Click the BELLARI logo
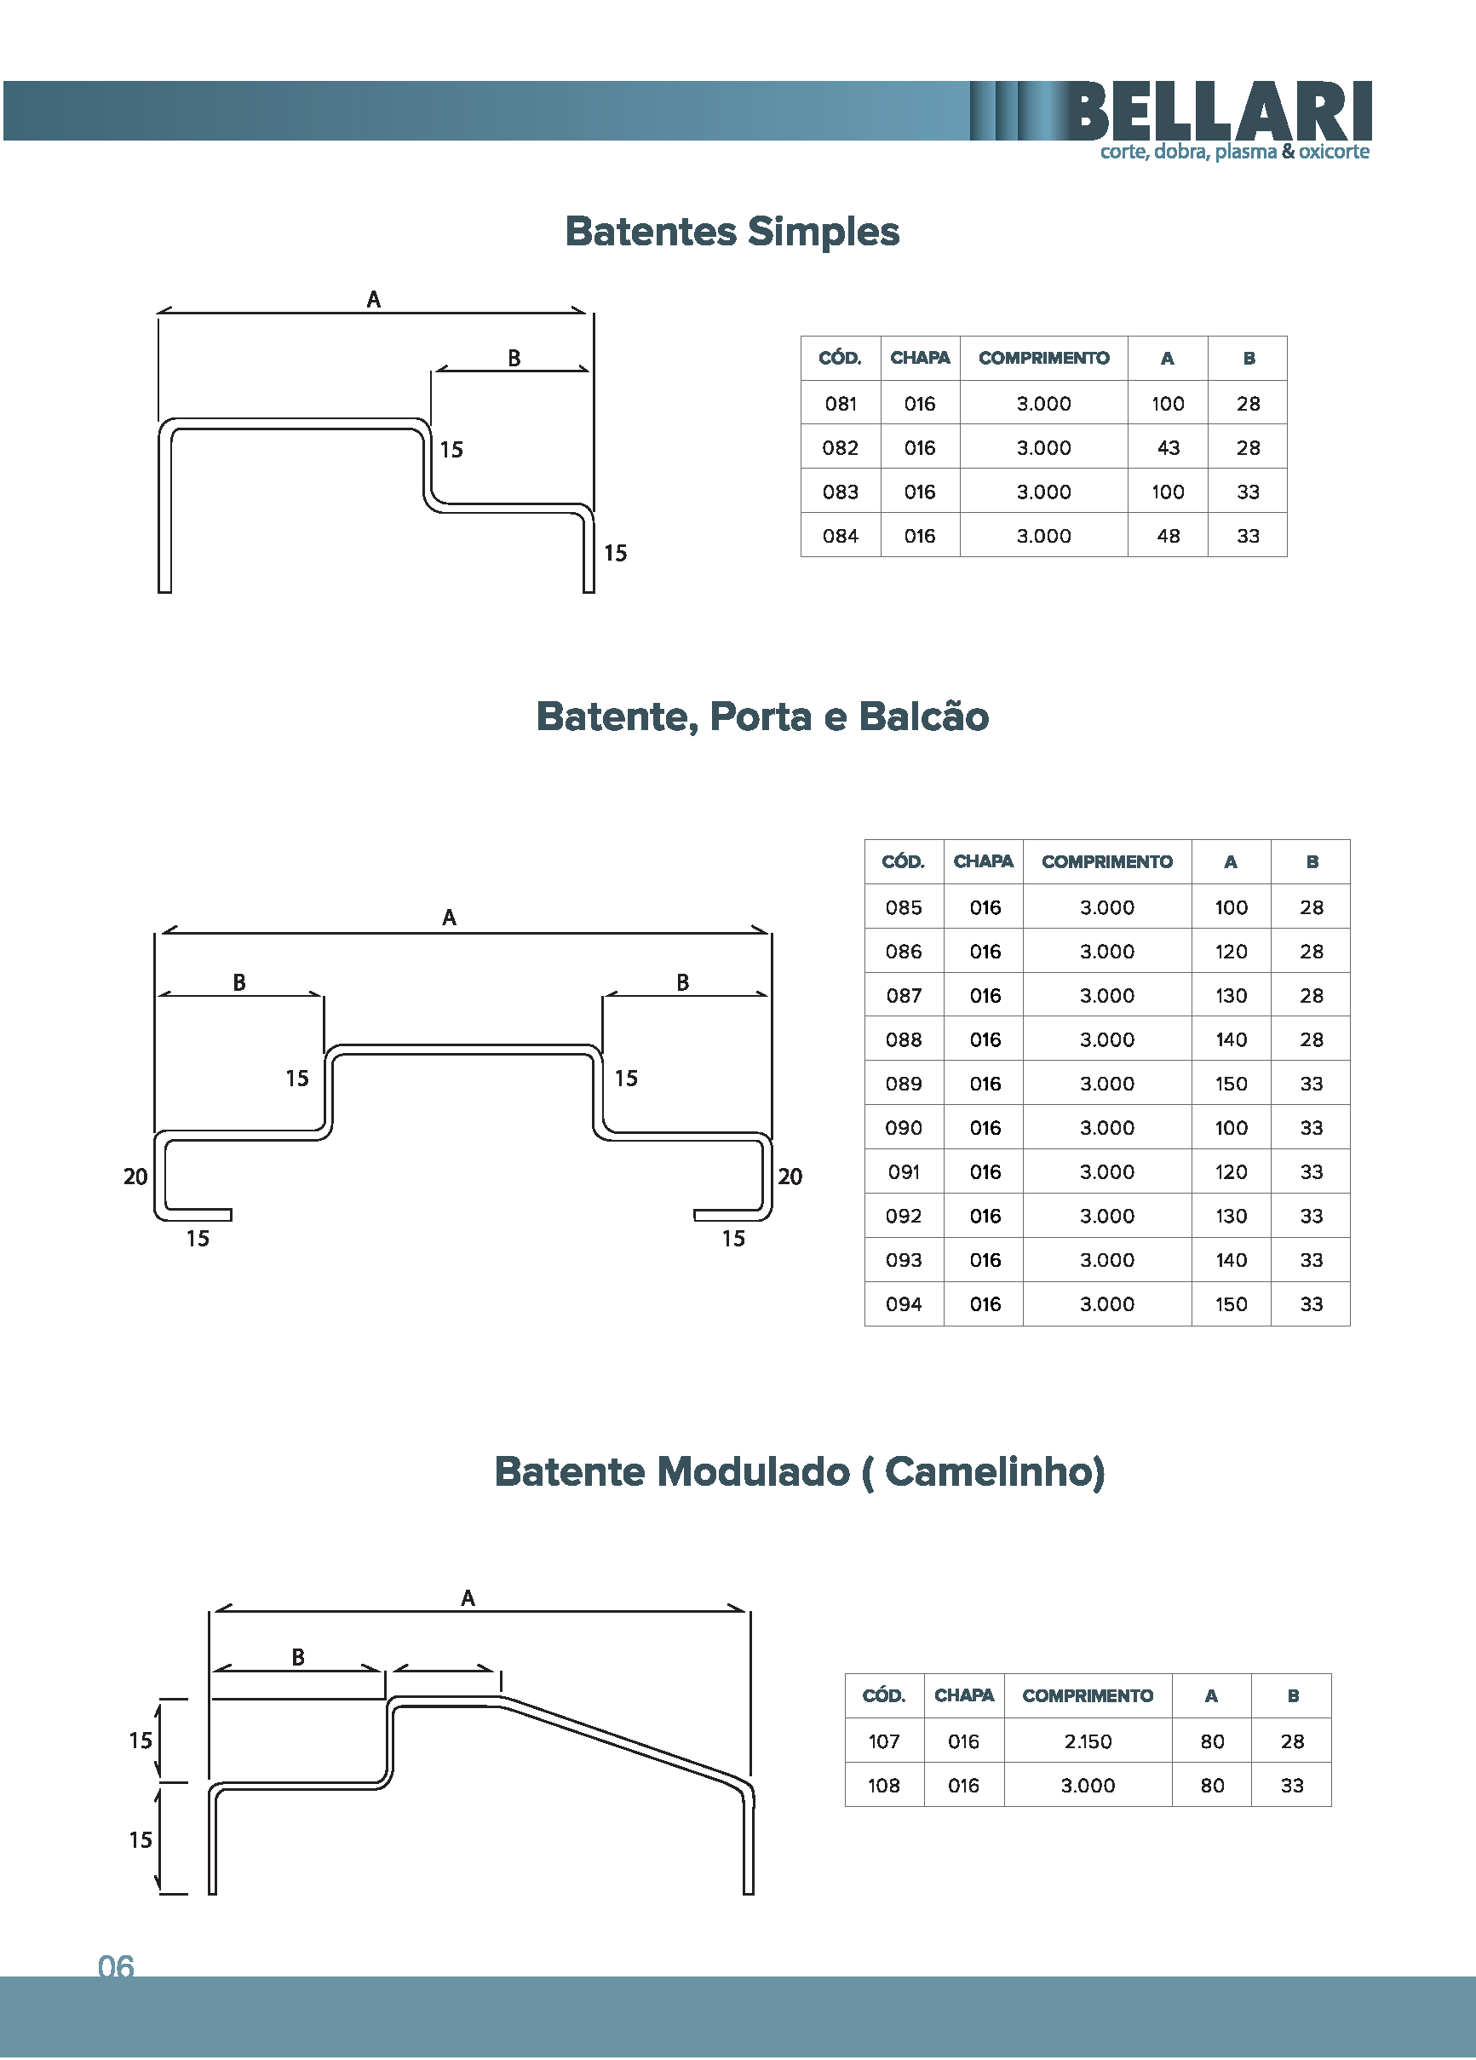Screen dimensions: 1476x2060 [x=1219, y=111]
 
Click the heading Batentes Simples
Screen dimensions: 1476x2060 [x=732, y=232]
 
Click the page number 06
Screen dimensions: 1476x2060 [x=117, y=1966]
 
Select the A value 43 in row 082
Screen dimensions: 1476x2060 [x=1168, y=448]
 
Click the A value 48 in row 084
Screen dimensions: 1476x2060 [x=1168, y=536]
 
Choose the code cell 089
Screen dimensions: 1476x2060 [x=904, y=1084]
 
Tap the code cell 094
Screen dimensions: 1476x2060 [x=904, y=1304]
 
